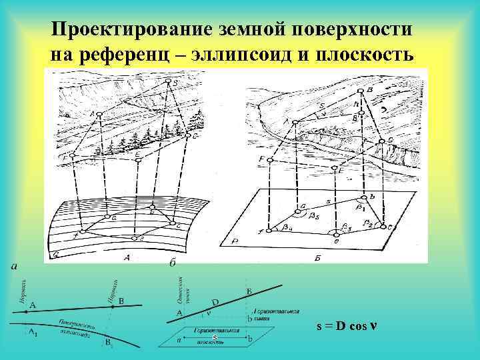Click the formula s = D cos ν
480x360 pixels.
347,327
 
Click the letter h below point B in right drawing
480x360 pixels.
357,103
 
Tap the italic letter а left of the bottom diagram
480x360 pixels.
14,267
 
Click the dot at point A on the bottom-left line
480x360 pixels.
27,311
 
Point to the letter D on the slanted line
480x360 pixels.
215,302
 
